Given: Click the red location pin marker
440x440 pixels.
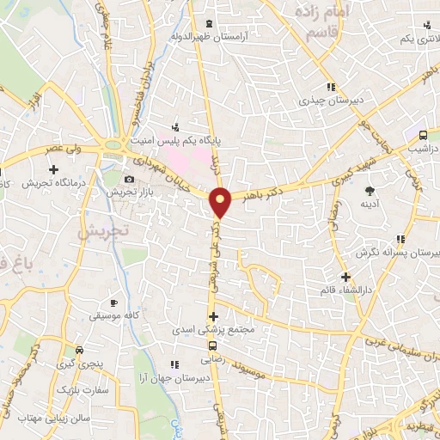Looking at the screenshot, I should [x=221, y=202].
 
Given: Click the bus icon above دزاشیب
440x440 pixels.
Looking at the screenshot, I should [x=423, y=135].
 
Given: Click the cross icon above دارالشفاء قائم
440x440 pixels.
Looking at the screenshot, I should [x=345, y=277].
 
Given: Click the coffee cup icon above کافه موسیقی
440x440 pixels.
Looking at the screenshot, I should [x=114, y=303].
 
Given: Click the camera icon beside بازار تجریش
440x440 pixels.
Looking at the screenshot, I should [x=129, y=179].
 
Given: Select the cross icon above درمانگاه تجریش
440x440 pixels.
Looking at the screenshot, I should [x=53, y=169].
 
